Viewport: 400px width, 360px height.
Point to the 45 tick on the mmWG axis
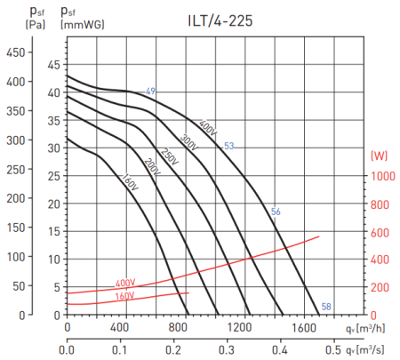pos(54,64)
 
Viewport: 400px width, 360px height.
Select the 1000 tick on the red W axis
pos(382,176)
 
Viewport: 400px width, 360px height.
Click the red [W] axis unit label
pos(381,156)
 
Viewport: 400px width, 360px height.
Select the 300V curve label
pos(188,140)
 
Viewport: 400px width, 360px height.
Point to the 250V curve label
pos(169,154)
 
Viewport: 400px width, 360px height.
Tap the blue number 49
pos(151,92)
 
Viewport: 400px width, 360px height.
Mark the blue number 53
pos(228,146)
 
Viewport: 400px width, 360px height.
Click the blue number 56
pos(276,211)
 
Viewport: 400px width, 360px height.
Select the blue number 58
pos(326,307)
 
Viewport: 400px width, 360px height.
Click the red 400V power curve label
pos(125,284)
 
